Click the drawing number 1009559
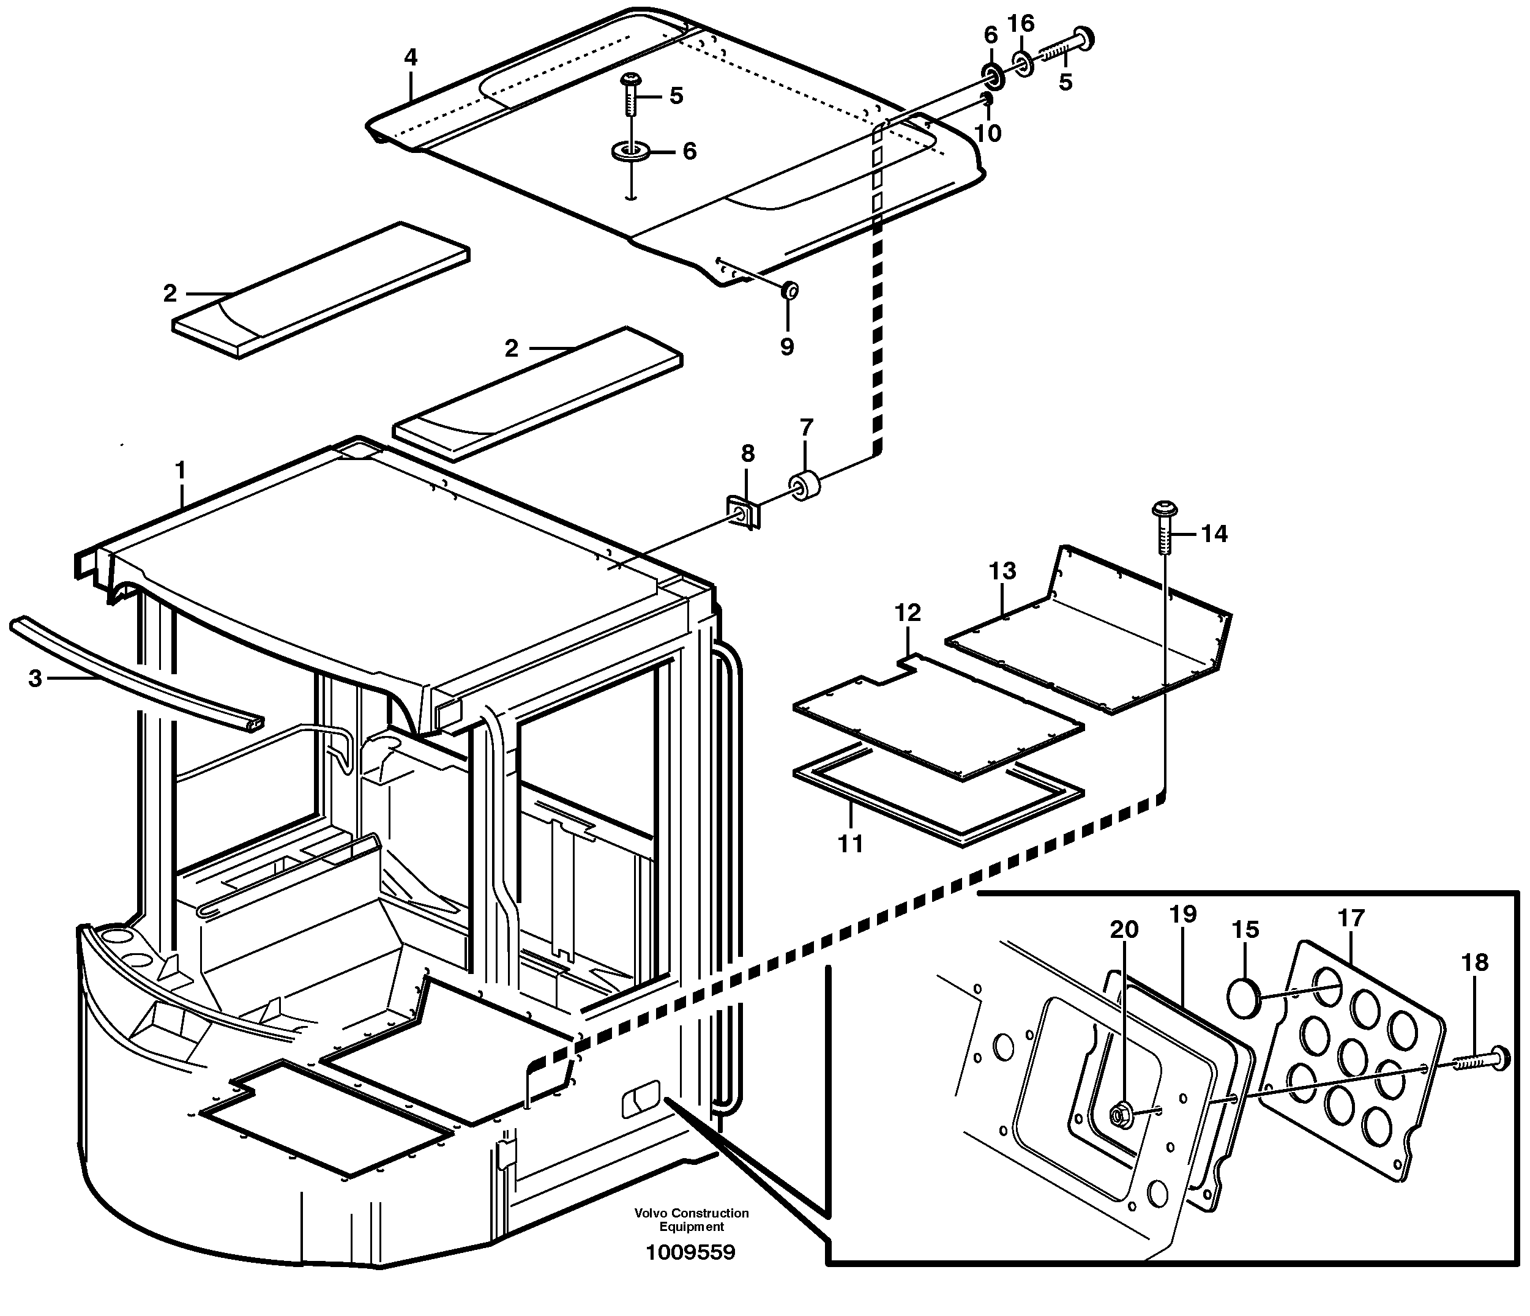point(690,1252)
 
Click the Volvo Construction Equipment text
point(691,1220)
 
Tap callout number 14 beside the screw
point(1214,533)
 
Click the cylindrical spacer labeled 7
point(807,486)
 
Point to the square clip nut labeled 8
point(744,512)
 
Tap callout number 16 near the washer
point(1021,24)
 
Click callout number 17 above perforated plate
point(1351,918)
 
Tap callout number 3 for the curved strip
point(35,678)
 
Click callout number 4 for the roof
point(411,58)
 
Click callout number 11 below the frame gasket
point(851,843)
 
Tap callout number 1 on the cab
point(179,470)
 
